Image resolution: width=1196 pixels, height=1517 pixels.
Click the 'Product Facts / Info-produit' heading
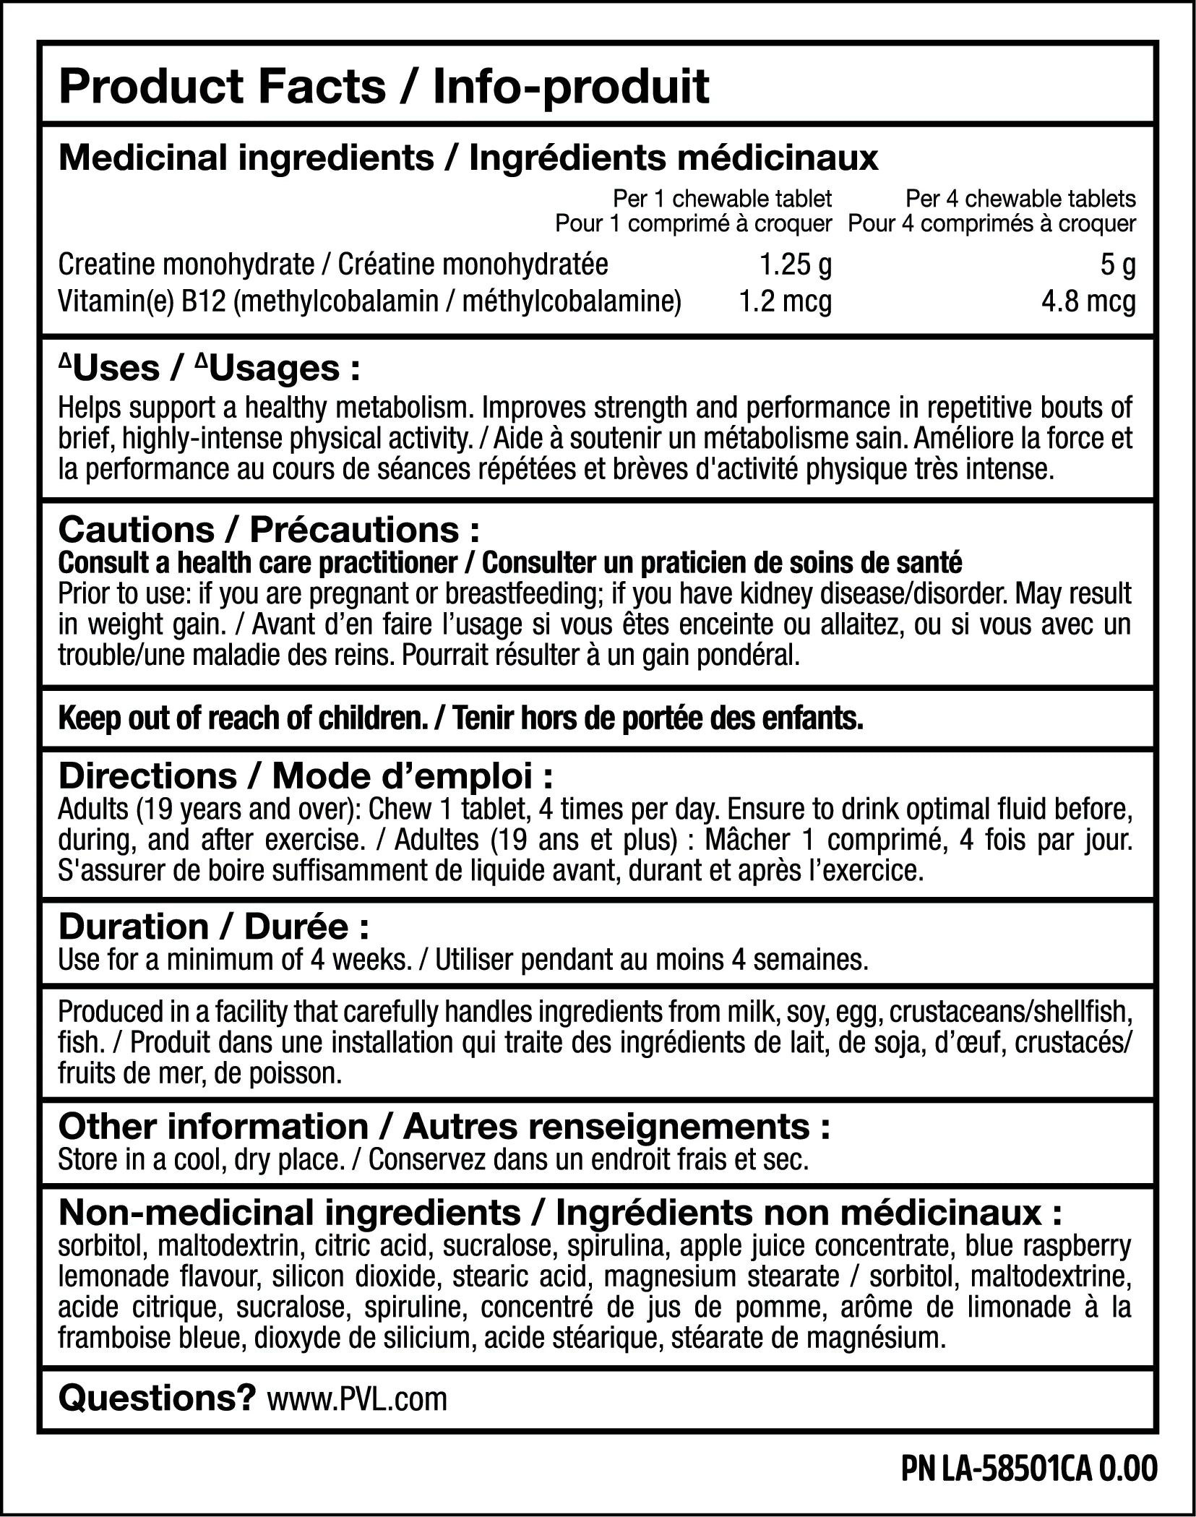click(384, 87)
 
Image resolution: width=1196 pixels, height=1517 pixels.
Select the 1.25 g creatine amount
click(795, 265)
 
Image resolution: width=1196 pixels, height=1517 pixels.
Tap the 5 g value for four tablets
click(1118, 265)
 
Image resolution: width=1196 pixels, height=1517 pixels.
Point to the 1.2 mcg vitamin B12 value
click(785, 301)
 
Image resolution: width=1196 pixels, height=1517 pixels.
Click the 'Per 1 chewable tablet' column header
click(722, 198)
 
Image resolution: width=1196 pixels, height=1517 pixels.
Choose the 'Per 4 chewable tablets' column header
click(1020, 198)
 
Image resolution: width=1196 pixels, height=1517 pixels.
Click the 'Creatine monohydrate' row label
click(186, 265)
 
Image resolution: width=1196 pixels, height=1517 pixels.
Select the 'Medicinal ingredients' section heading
click(246, 158)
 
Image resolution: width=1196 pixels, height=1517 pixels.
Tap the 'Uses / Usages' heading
click(209, 369)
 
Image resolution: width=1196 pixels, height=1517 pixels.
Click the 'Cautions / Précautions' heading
click(268, 530)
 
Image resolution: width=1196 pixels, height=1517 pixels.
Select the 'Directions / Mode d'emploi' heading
click(306, 776)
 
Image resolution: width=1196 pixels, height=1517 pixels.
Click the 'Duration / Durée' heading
click(214, 927)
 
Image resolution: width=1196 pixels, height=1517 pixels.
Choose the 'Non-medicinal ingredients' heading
click(289, 1213)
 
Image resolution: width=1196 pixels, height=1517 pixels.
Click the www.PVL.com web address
click(357, 1399)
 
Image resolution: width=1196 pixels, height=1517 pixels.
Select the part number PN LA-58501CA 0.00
click(1030, 1469)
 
